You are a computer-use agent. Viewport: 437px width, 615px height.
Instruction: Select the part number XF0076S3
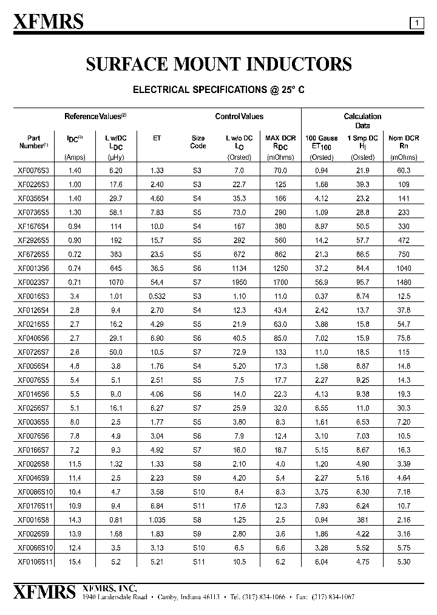pyautogui.click(x=34, y=171)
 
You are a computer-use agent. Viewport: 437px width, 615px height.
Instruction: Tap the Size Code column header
pyautogui.click(x=198, y=142)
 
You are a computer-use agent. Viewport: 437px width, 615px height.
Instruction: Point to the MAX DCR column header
pyautogui.click(x=280, y=142)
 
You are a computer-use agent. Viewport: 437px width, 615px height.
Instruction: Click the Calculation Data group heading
pyautogui.click(x=362, y=120)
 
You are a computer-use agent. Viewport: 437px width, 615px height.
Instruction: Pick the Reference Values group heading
pyautogui.click(x=95, y=116)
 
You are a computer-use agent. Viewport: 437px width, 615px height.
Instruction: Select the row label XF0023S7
pyautogui.click(x=34, y=283)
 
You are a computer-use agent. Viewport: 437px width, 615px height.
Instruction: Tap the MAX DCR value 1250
pyautogui.click(x=280, y=268)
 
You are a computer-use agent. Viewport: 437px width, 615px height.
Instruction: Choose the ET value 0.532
pyautogui.click(x=157, y=297)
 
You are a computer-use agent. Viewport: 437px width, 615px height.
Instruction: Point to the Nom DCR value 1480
pyautogui.click(x=404, y=283)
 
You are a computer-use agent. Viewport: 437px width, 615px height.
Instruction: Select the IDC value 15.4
pyautogui.click(x=75, y=562)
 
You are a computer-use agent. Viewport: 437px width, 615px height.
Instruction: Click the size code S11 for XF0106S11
pyautogui.click(x=198, y=562)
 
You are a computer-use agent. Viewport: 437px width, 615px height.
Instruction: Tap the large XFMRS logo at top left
pyautogui.click(x=49, y=22)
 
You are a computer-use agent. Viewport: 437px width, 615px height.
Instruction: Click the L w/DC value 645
pyautogui.click(x=115, y=268)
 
